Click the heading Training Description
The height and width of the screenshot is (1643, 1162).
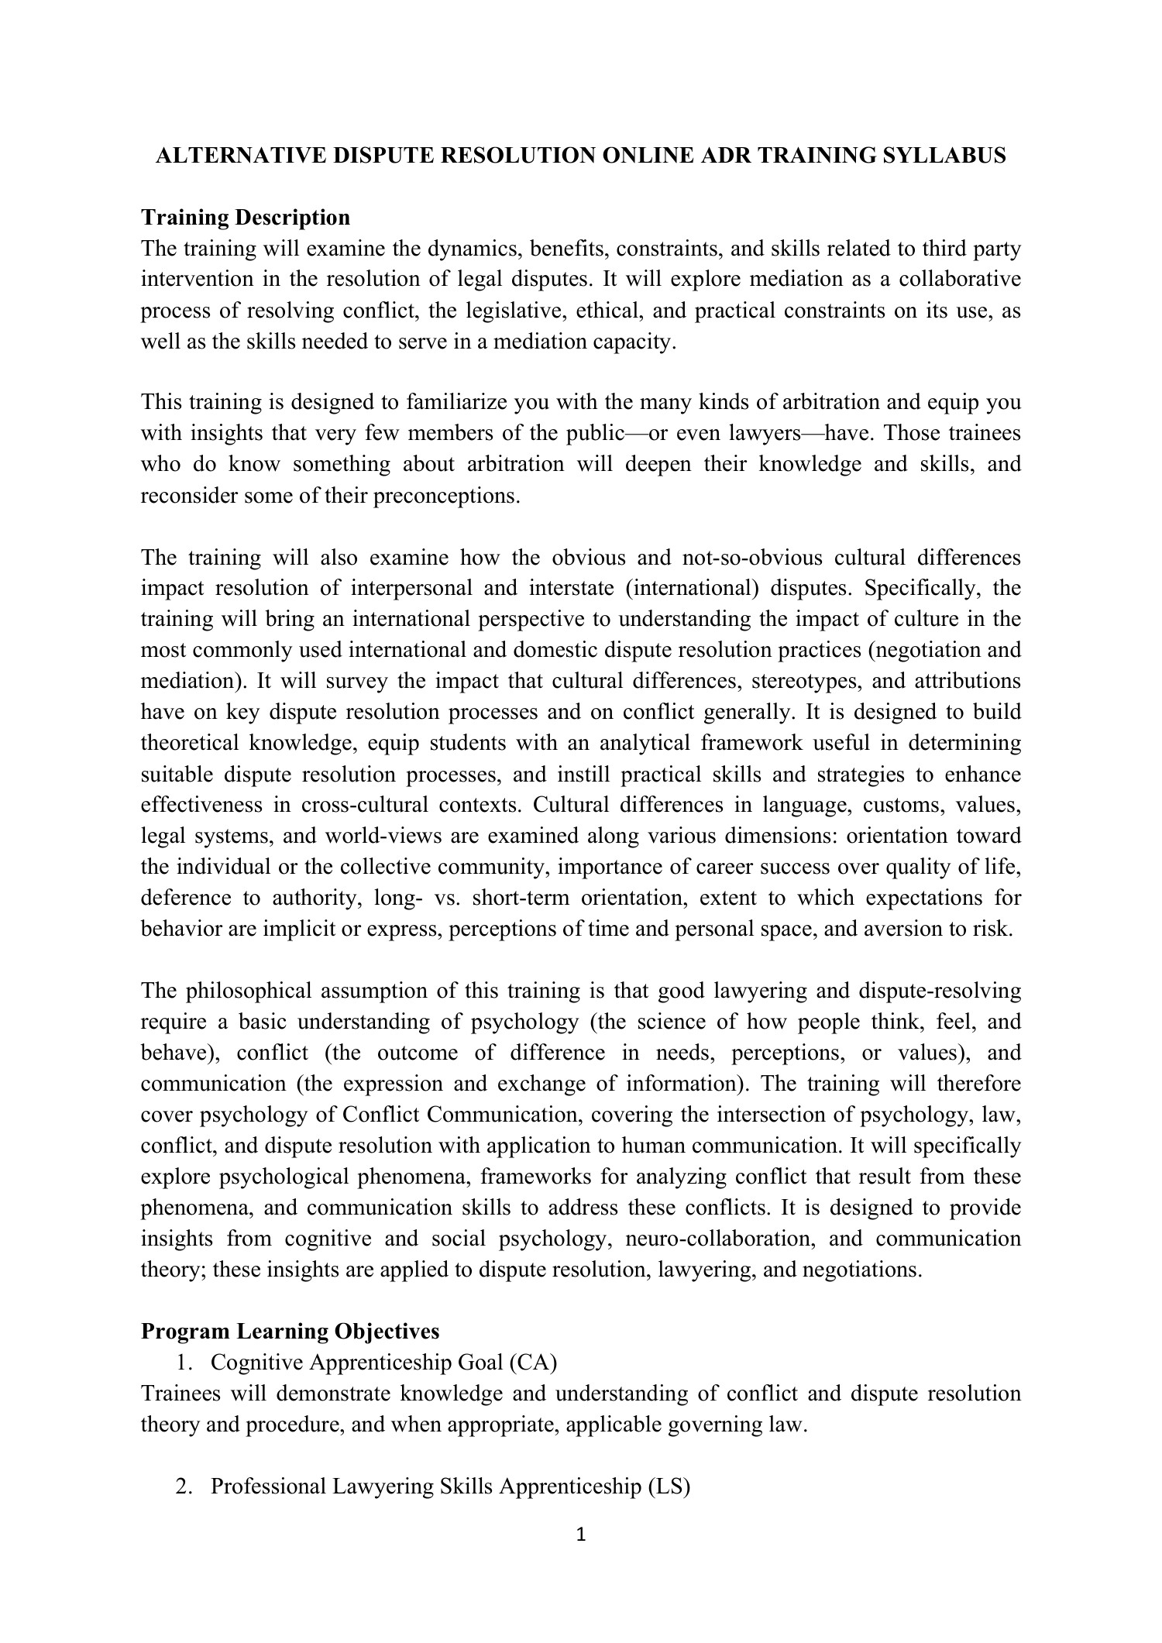(246, 218)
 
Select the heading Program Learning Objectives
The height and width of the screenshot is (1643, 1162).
(290, 1331)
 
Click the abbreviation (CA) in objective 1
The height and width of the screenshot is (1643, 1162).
(533, 1362)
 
